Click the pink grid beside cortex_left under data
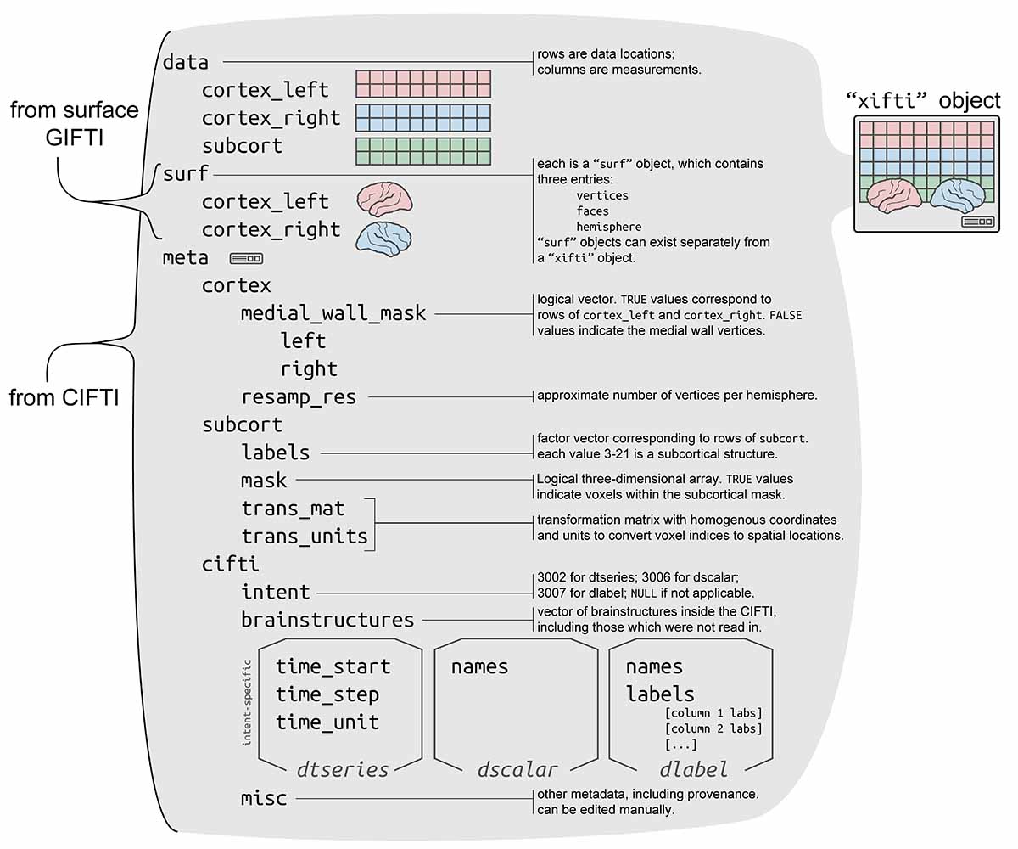[422, 84]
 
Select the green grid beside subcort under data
[422, 151]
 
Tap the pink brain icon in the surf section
[384, 199]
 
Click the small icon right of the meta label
[246, 258]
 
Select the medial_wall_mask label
[333, 313]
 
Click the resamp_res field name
[299, 396]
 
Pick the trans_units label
[305, 537]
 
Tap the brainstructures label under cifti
[327, 620]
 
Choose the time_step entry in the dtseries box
[327, 694]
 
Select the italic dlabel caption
[693, 770]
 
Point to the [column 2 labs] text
[713, 728]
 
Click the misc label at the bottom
[264, 798]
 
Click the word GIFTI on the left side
[74, 138]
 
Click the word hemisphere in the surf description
[607, 227]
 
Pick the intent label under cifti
[276, 592]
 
